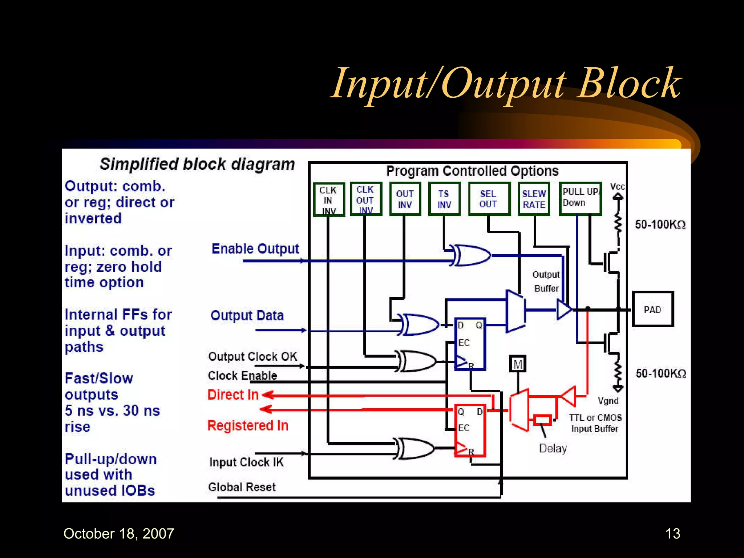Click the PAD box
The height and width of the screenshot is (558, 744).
(x=652, y=309)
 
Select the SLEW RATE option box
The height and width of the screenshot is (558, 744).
(x=534, y=199)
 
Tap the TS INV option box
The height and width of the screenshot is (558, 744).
(x=444, y=199)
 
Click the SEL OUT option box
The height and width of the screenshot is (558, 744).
(x=489, y=199)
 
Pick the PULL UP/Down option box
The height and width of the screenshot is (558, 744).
(x=580, y=198)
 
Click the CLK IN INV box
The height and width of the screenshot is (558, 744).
(x=328, y=200)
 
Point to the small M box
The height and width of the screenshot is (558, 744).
(x=518, y=364)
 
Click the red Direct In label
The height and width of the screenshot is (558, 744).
(x=233, y=395)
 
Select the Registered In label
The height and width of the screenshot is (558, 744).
(x=248, y=425)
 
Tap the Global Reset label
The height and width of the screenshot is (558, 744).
(x=242, y=487)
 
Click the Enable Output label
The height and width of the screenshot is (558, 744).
(x=255, y=249)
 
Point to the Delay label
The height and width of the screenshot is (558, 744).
(x=553, y=448)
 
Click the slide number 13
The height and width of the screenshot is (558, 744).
(x=672, y=533)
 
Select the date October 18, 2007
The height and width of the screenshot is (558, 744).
(x=119, y=533)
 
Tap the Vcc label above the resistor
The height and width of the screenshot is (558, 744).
(x=617, y=187)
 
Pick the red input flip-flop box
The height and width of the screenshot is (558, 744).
(x=470, y=430)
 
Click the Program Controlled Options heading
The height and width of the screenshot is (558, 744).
(x=472, y=171)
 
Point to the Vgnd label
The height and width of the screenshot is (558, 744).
(x=608, y=401)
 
